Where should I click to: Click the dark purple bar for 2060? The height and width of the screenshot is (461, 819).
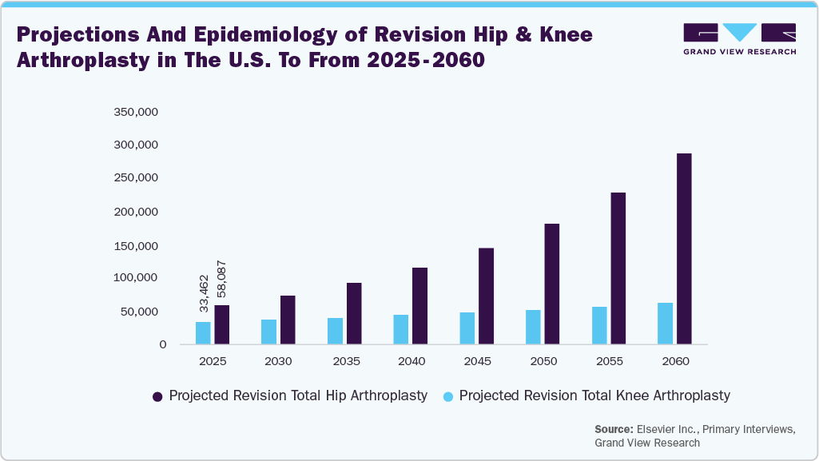coord(684,248)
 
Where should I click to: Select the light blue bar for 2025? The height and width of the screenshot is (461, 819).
coord(203,333)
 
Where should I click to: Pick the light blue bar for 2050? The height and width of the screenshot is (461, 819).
coord(533,327)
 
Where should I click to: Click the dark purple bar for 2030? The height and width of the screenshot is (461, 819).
coord(288,320)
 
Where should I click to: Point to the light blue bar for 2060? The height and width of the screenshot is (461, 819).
coord(665,324)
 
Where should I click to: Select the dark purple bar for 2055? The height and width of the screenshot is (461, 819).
coord(618,268)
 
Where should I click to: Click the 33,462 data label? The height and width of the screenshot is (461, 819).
coord(204,293)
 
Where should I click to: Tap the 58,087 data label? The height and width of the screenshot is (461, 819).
coord(221,281)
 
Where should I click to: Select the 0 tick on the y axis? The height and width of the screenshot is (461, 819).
coord(162,344)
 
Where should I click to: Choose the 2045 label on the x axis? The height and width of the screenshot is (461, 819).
coord(476,361)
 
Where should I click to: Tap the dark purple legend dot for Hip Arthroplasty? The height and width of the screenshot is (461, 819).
coord(157,396)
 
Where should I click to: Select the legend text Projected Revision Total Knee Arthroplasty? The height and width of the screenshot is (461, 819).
coord(594,395)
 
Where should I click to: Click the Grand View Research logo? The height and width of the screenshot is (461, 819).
coord(739,38)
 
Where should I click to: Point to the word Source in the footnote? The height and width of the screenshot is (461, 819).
coord(614,429)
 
